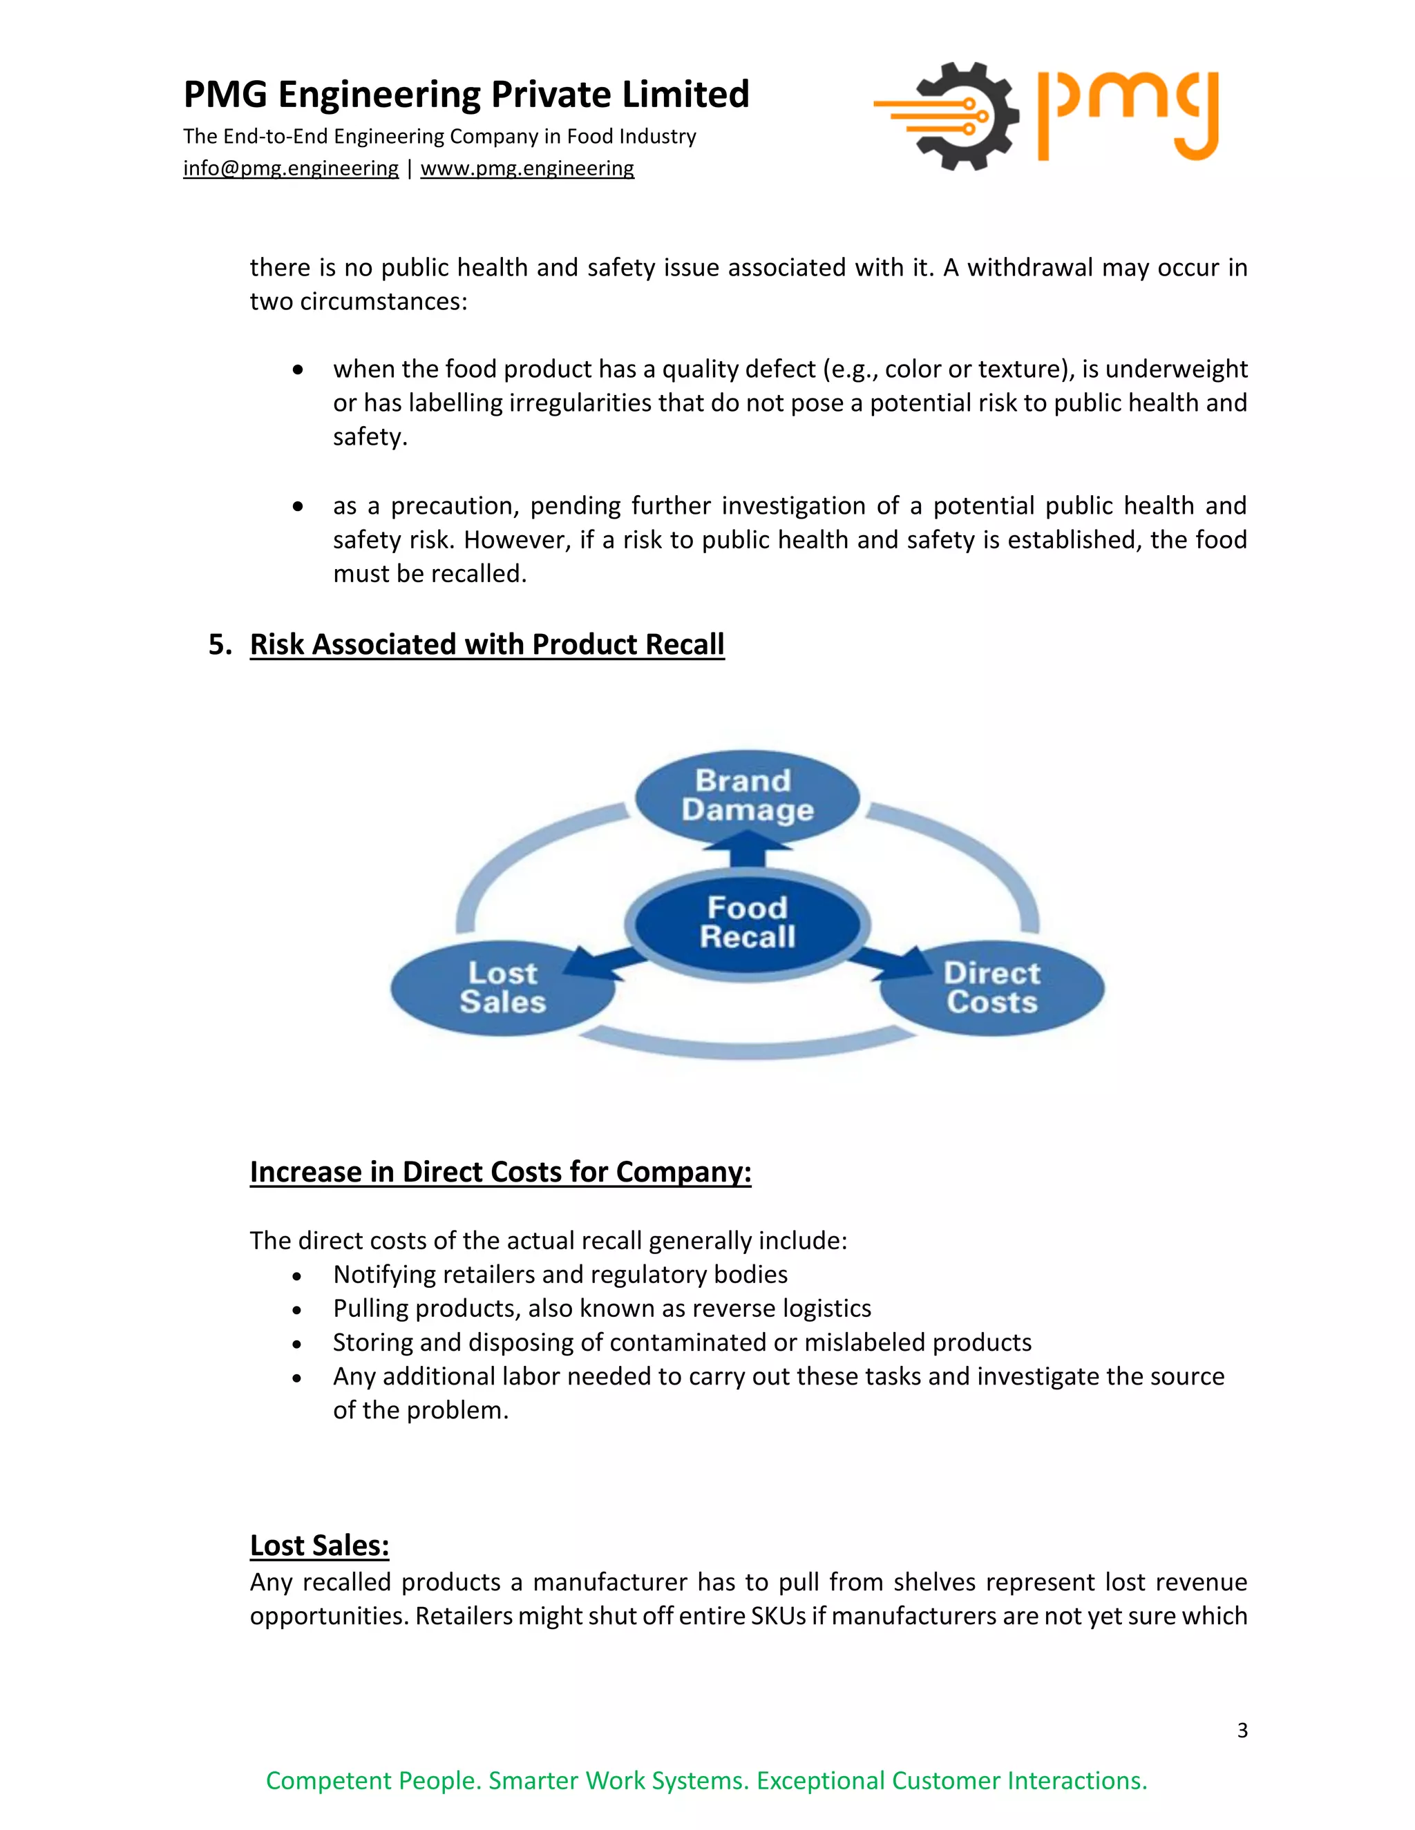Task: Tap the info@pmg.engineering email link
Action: (x=291, y=168)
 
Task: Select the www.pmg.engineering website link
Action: (x=527, y=168)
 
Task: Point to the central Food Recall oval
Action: (x=747, y=923)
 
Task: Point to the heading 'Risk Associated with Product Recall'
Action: (x=487, y=644)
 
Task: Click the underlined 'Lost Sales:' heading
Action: (x=319, y=1545)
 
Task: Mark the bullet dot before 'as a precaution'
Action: (x=298, y=506)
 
